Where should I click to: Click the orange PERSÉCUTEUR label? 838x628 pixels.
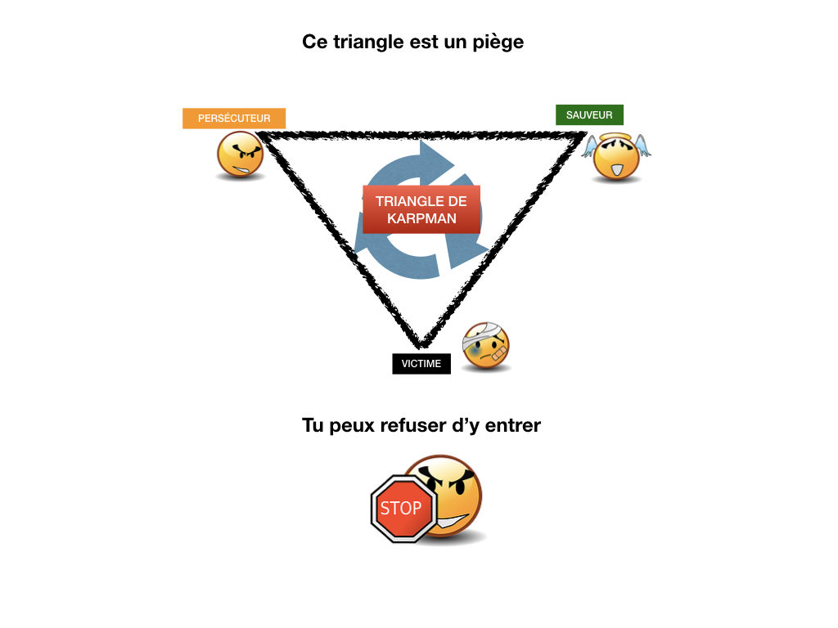(x=234, y=119)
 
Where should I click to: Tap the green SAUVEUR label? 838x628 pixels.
(x=589, y=115)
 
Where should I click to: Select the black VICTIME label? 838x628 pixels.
(x=421, y=364)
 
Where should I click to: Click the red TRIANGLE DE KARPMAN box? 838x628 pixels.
(x=421, y=209)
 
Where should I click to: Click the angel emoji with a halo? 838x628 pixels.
(x=615, y=157)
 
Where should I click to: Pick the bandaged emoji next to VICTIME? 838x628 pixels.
(x=486, y=346)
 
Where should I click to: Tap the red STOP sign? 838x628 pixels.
(x=401, y=508)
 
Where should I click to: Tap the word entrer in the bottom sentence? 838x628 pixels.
(x=512, y=425)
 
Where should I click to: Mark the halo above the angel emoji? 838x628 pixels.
(x=615, y=135)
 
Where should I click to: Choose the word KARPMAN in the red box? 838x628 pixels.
(x=421, y=219)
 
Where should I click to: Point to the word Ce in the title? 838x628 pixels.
(x=315, y=42)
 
